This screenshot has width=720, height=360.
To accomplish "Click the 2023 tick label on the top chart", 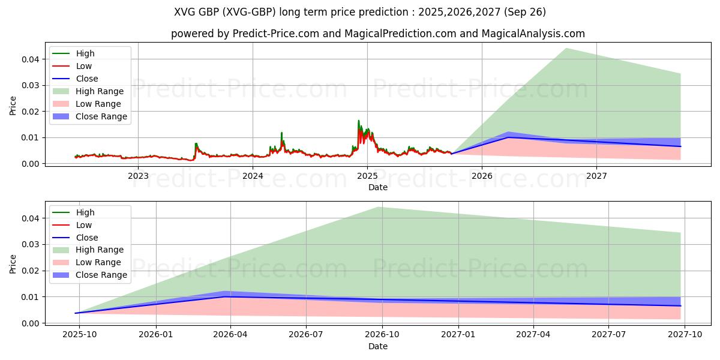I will click(x=138, y=175).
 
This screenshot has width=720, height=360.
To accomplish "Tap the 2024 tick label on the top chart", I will click(x=253, y=175).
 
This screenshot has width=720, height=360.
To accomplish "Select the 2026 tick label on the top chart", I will click(x=482, y=175).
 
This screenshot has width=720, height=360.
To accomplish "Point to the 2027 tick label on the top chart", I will click(x=596, y=175).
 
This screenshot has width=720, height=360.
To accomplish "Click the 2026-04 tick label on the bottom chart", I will click(x=231, y=335).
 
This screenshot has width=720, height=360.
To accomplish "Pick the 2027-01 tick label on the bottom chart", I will click(x=458, y=335).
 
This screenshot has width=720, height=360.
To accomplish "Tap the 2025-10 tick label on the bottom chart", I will click(x=76, y=335).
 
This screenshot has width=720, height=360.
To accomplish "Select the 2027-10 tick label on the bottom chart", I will click(x=685, y=335).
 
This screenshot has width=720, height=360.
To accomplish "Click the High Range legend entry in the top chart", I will click(x=100, y=91).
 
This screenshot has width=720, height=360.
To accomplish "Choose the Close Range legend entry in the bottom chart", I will click(x=101, y=275).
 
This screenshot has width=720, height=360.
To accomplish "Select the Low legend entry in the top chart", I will click(x=84, y=66).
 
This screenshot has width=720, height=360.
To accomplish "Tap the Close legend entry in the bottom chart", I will click(x=86, y=238).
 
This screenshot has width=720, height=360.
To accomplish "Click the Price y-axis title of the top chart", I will click(x=13, y=106).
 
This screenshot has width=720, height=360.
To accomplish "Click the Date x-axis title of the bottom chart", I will click(x=378, y=346).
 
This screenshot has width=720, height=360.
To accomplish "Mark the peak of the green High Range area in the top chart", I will click(x=566, y=49).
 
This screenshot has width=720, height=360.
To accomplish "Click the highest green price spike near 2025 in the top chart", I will click(x=359, y=121).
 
